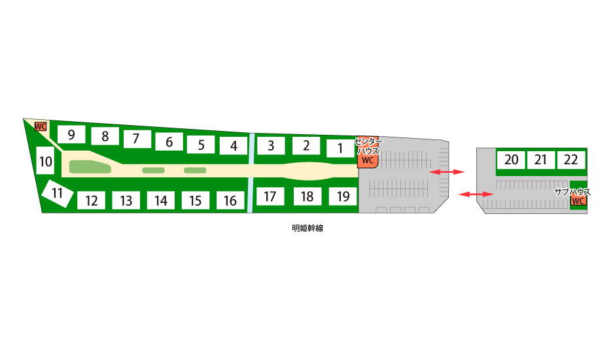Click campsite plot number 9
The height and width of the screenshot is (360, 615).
71,134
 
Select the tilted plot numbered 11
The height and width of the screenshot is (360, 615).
58,193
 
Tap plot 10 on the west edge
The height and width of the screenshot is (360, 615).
45,160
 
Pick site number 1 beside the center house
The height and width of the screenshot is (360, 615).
340,149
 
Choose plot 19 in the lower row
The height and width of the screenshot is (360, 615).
343,196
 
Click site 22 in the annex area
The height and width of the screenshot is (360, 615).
571,160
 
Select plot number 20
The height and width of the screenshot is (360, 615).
511,160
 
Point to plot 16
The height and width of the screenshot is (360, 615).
230,200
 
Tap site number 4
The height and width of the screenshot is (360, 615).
234,146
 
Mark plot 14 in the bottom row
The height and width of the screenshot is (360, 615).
161,200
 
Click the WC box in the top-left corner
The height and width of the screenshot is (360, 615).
41,126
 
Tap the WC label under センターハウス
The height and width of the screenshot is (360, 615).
368,160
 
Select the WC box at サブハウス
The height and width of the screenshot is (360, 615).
578,201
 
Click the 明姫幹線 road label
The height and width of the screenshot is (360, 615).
307,228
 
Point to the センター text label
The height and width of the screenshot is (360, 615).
368,141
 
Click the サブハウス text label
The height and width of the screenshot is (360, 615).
572,192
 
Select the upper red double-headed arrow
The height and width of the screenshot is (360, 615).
447,172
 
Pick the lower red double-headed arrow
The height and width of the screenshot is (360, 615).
476,194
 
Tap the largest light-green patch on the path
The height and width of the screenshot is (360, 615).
90,166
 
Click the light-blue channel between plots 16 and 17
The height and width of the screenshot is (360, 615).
250,195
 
